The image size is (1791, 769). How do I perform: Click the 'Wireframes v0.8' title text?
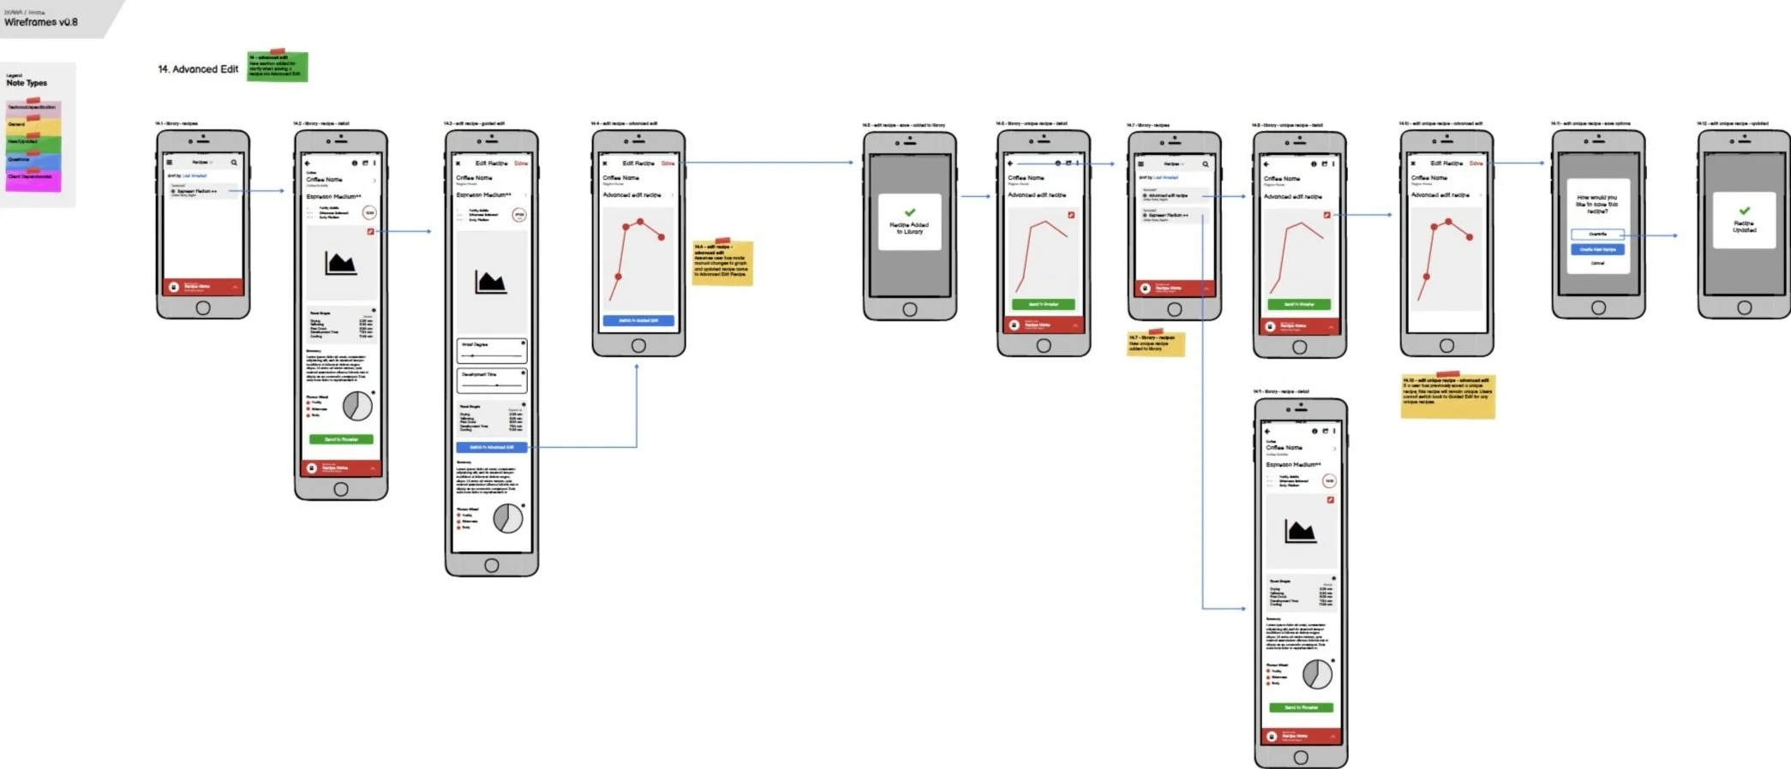pyautogui.click(x=40, y=22)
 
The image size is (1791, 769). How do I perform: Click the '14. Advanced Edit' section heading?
pyautogui.click(x=198, y=69)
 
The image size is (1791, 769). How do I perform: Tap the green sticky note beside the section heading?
pyautogui.click(x=277, y=67)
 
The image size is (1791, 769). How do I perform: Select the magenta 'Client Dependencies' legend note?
pyautogui.click(x=33, y=181)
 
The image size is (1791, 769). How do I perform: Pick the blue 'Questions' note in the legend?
pyautogui.click(x=33, y=161)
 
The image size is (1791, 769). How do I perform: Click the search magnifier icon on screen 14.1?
pyautogui.click(x=233, y=163)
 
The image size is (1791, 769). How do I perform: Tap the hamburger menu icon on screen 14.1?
pyautogui.click(x=170, y=163)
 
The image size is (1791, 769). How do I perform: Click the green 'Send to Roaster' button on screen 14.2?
pyautogui.click(x=341, y=439)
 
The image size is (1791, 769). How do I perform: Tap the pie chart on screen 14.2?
pyautogui.click(x=357, y=406)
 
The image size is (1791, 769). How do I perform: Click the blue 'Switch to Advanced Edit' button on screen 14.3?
pyautogui.click(x=492, y=447)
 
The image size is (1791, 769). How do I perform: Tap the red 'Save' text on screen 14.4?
pyautogui.click(x=668, y=164)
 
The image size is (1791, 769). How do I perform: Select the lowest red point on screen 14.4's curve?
pyautogui.click(x=618, y=277)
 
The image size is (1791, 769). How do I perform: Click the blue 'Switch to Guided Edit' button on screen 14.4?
pyautogui.click(x=638, y=320)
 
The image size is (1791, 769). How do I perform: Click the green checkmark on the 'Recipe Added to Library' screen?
pyautogui.click(x=910, y=212)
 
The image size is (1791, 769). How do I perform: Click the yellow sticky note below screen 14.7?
pyautogui.click(x=1155, y=344)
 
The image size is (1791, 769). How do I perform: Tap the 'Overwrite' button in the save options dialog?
pyautogui.click(x=1597, y=234)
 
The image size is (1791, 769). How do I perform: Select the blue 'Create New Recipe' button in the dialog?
pyautogui.click(x=1597, y=249)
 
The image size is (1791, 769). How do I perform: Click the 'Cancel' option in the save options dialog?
pyautogui.click(x=1597, y=263)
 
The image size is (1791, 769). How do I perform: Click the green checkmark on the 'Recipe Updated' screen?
pyautogui.click(x=1744, y=211)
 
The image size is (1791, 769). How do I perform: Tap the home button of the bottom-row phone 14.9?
pyautogui.click(x=1301, y=757)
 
